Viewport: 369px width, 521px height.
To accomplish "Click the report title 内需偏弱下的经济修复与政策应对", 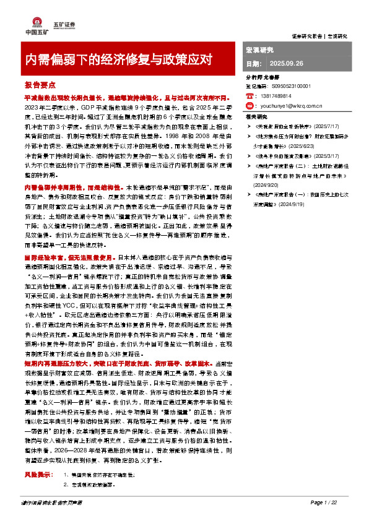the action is pos(118,59).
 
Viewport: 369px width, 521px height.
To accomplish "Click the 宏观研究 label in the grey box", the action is pos(260,49).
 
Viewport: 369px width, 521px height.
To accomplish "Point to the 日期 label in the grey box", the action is pos(254,64).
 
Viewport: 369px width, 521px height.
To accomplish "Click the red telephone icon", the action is pos(250,97).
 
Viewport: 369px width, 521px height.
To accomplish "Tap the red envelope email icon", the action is pos(250,106).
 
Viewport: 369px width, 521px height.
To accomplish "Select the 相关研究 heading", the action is pos(256,116).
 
